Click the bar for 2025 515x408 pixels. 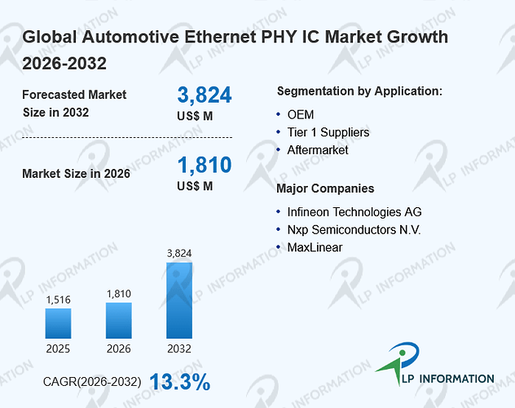point(58,323)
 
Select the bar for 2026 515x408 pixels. point(119,321)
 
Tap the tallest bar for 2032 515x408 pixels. point(179,300)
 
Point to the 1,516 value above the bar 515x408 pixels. point(58,299)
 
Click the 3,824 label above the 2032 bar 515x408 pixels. point(179,253)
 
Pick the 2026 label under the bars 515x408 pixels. point(119,348)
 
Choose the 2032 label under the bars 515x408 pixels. point(179,348)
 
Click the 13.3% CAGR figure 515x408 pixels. point(180,382)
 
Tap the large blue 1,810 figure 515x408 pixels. point(205,165)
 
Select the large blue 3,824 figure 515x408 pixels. point(205,95)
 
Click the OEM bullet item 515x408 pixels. point(301,115)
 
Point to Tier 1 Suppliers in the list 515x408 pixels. point(328,132)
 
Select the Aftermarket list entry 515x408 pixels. point(318,150)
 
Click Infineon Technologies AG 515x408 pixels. point(354,212)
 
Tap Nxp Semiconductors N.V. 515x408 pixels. point(354,230)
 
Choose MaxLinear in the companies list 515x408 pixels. point(315,247)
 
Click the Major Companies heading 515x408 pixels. point(325,188)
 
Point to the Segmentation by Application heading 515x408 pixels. point(359,91)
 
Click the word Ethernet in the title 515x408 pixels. point(220,37)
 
